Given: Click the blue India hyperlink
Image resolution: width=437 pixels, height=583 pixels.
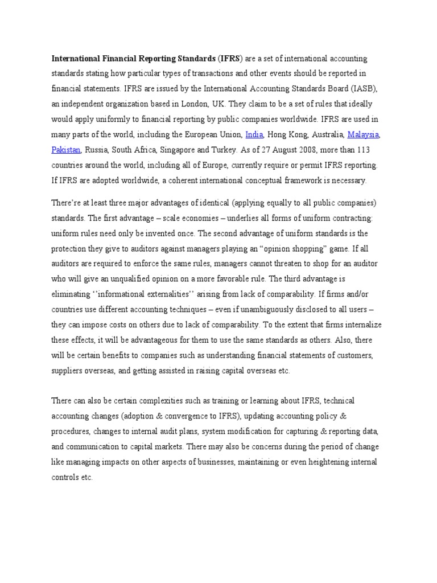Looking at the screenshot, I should [x=253, y=135].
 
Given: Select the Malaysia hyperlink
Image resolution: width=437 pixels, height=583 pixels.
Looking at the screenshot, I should [x=363, y=135].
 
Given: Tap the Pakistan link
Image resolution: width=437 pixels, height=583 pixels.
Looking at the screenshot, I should [x=66, y=150].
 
